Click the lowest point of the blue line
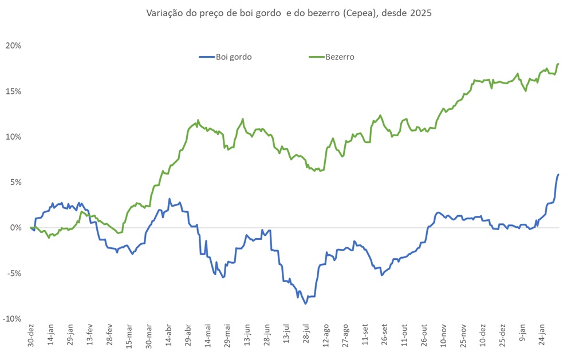pos(306,303)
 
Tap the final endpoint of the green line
pos(558,64)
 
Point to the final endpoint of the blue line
pos(558,175)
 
